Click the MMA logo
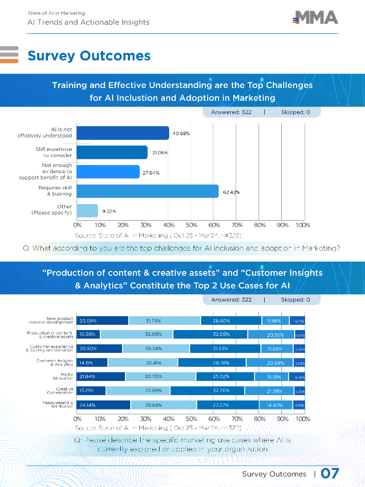pos(316,18)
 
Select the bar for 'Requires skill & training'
pos(147,191)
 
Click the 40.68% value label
pos(181,134)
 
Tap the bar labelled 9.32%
pos(87,211)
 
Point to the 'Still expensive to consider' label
pos(54,152)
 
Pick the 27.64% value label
pos(151,173)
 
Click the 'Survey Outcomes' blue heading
pos(89,56)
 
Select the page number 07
pos(330,474)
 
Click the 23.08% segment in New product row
pos(103,321)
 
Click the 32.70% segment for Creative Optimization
pos(207,391)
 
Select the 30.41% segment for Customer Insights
pos(143,363)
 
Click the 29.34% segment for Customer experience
pos(156,349)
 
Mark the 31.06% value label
pos(160,153)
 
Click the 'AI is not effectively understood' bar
pos(123,133)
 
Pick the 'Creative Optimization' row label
pos(60,391)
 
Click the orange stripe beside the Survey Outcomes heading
pos(9,60)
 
